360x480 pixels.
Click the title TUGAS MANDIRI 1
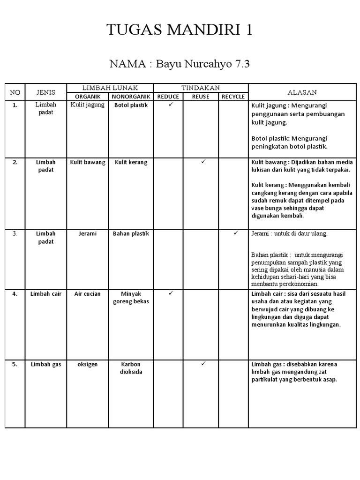[x=180, y=30]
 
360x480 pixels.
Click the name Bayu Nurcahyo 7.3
[x=180, y=64]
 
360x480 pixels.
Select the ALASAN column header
[x=302, y=92]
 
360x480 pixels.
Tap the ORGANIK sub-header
[x=88, y=97]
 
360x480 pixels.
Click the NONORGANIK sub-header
[x=131, y=97]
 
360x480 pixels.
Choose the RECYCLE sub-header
[x=233, y=97]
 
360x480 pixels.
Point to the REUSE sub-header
[x=201, y=97]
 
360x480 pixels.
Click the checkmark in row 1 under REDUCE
[x=171, y=105]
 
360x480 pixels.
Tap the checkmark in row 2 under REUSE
[x=203, y=162]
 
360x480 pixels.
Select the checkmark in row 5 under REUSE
[x=203, y=363]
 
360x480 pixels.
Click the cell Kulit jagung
[x=88, y=105]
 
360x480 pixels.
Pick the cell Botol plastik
[x=131, y=105]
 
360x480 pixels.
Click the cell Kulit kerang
[x=131, y=163]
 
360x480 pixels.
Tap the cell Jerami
[x=88, y=234]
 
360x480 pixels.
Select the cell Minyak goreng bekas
[x=131, y=298]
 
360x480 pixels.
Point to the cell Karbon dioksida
[x=131, y=368]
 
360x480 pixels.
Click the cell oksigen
[x=88, y=365]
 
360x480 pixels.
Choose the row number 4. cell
[x=15, y=294]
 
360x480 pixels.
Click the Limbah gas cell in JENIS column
[x=46, y=365]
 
